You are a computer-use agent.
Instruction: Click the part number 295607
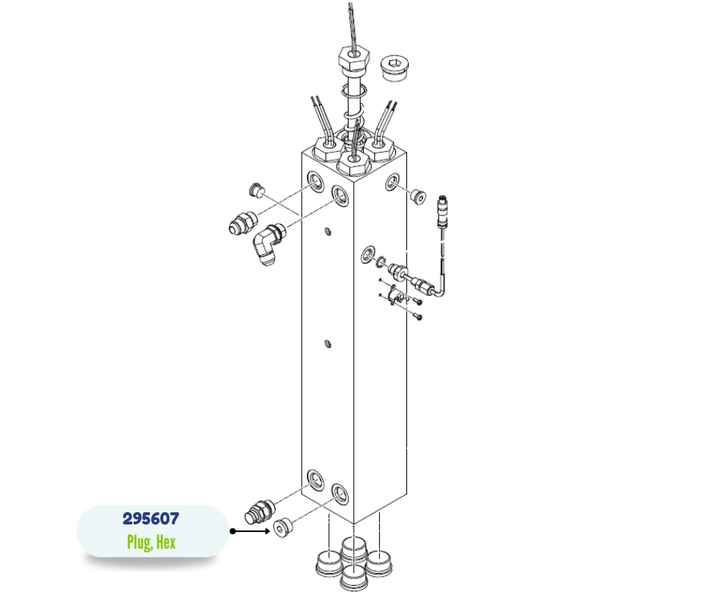pos(150,518)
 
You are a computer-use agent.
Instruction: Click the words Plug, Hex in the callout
pos(151,542)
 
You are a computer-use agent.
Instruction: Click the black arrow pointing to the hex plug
pos(251,531)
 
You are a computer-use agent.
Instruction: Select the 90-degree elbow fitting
pos(269,244)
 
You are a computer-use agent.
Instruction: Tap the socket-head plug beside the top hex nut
pos(394,68)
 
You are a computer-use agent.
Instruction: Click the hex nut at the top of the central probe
pos(353,57)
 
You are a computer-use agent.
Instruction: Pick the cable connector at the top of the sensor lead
pos(443,211)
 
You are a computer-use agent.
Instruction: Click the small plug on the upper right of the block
pos(418,196)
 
